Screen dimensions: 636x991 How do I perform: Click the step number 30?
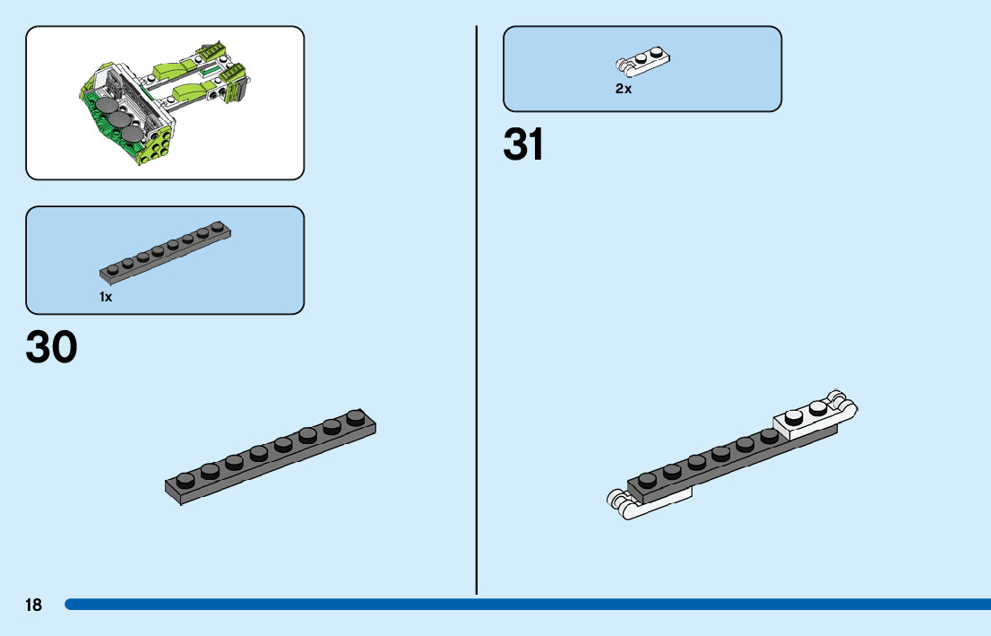(52, 348)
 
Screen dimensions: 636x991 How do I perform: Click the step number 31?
(524, 144)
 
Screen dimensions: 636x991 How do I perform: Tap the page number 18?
(33, 606)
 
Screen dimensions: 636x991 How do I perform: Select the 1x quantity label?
(106, 297)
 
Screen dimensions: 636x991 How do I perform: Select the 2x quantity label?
(624, 89)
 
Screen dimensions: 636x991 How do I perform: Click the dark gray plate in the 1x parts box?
(167, 250)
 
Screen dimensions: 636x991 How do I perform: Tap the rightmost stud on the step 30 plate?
(356, 417)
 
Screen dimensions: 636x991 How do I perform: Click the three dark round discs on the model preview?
(119, 119)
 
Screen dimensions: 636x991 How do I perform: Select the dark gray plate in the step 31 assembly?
(708, 461)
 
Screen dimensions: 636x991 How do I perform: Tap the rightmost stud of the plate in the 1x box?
(217, 226)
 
